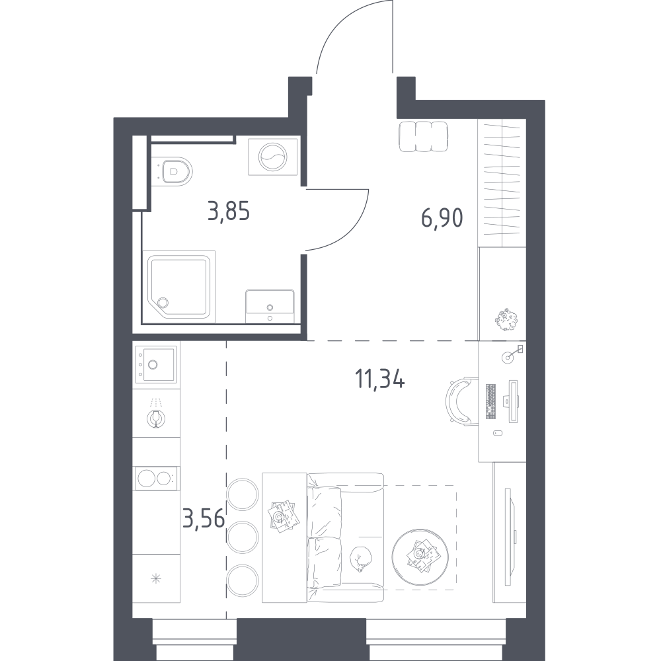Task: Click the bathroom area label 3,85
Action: [229, 212]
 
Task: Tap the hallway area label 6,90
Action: [442, 218]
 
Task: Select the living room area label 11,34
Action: [380, 379]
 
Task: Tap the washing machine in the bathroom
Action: [273, 157]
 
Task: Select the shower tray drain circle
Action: [163, 302]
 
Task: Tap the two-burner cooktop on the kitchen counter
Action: [156, 479]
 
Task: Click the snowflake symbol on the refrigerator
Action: [157, 579]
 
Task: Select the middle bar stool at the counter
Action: [243, 537]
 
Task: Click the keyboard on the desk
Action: [491, 401]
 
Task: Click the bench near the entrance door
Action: [423, 136]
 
